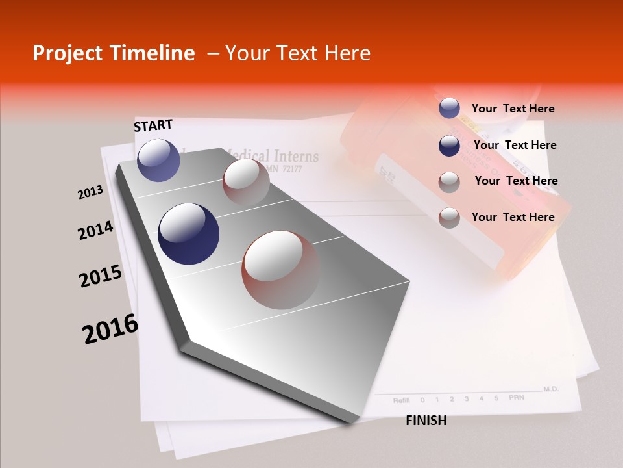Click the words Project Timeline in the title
[114, 53]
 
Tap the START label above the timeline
[153, 125]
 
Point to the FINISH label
[426, 421]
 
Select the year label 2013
[90, 192]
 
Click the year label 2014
[95, 231]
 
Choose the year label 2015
[101, 276]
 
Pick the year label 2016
[110, 328]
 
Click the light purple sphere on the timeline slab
[158, 160]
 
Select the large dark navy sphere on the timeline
[188, 234]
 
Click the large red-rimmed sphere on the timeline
[281, 270]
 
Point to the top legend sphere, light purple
[449, 109]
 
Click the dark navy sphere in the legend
[449, 146]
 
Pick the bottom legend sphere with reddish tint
[449, 218]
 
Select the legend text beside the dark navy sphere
[515, 145]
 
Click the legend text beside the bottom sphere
[513, 217]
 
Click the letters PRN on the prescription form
[516, 398]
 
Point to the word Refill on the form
[401, 400]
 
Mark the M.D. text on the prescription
[550, 389]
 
